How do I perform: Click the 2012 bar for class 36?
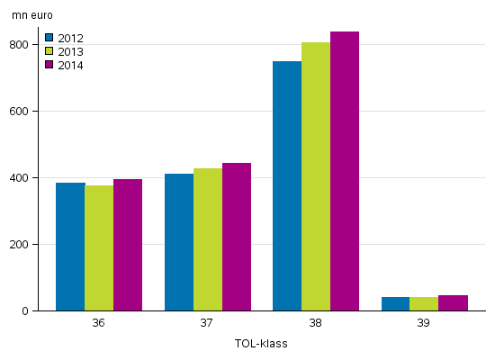(70, 247)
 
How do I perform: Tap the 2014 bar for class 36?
(128, 245)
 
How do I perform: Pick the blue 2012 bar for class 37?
(179, 242)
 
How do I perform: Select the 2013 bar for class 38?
(316, 176)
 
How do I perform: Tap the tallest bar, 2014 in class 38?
(345, 171)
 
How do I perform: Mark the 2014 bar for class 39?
(454, 303)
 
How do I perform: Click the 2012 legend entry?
(64, 38)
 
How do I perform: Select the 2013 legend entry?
(64, 51)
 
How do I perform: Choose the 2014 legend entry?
(64, 65)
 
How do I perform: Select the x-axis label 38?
(316, 324)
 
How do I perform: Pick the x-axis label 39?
(425, 324)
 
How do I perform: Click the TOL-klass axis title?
(261, 344)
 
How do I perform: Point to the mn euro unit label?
(33, 15)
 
